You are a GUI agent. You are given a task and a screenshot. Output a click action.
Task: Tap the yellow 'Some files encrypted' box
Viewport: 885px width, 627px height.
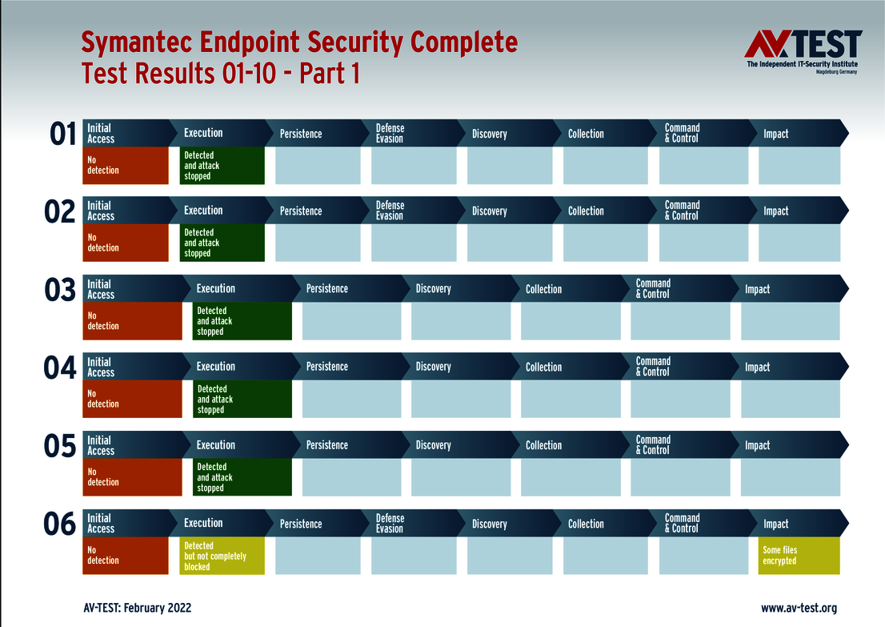click(x=799, y=556)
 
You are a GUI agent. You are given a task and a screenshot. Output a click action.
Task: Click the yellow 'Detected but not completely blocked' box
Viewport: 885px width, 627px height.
click(x=222, y=556)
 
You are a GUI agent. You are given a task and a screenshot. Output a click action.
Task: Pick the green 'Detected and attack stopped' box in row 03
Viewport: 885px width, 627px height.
click(x=242, y=321)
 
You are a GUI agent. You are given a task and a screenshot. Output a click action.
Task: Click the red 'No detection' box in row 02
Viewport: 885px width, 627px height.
click(x=126, y=243)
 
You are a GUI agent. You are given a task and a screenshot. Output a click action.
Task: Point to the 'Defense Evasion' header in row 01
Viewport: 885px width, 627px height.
click(x=390, y=133)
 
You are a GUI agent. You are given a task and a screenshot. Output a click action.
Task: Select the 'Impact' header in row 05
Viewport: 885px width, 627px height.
click(x=757, y=445)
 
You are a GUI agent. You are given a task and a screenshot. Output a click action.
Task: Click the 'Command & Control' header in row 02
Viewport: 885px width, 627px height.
click(x=682, y=211)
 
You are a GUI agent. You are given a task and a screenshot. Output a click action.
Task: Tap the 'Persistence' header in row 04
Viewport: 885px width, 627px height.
click(x=326, y=367)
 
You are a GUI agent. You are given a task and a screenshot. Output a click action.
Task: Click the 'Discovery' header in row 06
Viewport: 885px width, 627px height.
click(x=489, y=524)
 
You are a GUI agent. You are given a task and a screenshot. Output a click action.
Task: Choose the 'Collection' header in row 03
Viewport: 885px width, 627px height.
click(x=543, y=289)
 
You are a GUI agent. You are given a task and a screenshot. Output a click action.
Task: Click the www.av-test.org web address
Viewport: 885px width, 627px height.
click(x=799, y=608)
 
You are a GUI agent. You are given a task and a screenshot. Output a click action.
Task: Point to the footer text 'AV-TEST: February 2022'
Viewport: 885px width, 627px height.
click(x=137, y=608)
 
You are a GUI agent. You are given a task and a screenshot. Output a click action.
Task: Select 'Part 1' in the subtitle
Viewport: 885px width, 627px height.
click(x=329, y=74)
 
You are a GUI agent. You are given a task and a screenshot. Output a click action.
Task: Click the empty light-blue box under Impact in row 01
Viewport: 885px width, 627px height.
click(x=799, y=166)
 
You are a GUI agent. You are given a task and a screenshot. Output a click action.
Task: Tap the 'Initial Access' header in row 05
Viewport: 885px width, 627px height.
click(x=101, y=445)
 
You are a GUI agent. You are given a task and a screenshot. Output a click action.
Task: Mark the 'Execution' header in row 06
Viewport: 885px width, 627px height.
click(x=203, y=523)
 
